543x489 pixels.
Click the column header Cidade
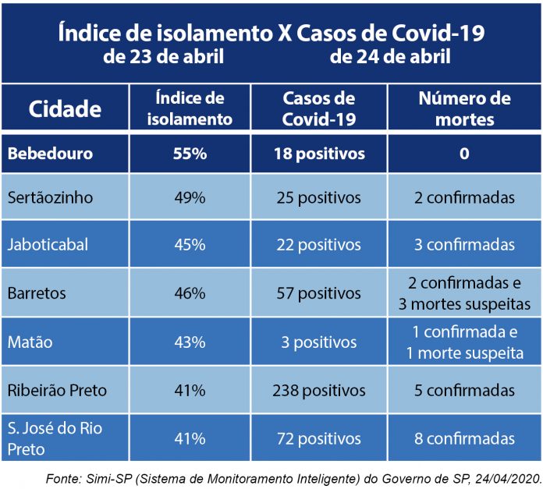click(x=65, y=108)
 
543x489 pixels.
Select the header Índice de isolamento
click(x=190, y=108)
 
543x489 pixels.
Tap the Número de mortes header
click(x=464, y=108)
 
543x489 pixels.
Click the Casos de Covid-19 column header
click(x=318, y=108)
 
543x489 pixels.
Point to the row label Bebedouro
click(x=50, y=154)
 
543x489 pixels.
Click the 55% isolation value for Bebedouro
click(x=190, y=154)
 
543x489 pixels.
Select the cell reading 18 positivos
click(x=319, y=154)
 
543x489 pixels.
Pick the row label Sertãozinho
click(x=50, y=198)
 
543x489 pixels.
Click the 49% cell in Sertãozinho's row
click(x=190, y=198)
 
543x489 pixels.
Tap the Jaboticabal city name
click(x=48, y=244)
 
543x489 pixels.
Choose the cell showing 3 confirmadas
click(x=464, y=244)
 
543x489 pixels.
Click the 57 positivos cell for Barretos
click(x=319, y=294)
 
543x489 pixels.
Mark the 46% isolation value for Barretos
click(x=190, y=294)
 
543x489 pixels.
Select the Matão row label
click(x=29, y=342)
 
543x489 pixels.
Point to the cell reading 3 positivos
click(x=319, y=342)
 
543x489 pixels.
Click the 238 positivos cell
click(x=319, y=390)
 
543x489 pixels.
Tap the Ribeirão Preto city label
click(x=56, y=390)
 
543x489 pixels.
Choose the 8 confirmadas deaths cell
click(x=464, y=438)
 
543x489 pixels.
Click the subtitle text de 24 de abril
click(x=390, y=57)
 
